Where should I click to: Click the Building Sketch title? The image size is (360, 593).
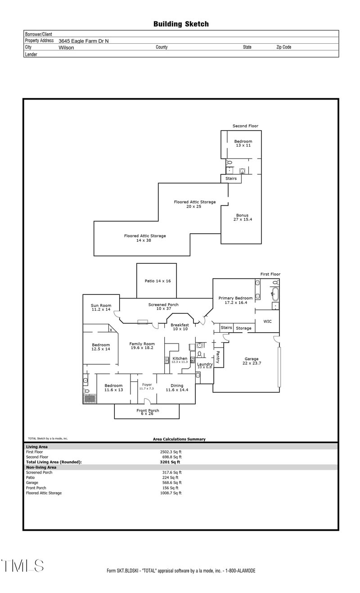(x=181, y=24)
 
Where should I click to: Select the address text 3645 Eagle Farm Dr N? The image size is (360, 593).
(x=83, y=41)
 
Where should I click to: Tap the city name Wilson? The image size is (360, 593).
(x=66, y=47)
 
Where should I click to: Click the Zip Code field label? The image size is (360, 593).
(x=283, y=47)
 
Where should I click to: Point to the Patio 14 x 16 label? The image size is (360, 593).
(x=157, y=281)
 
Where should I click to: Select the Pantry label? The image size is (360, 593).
(x=218, y=357)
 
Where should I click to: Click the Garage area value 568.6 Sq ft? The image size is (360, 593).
(x=171, y=483)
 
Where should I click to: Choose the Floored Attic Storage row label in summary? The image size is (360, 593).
(x=44, y=493)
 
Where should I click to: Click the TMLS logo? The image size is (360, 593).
(x=22, y=566)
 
